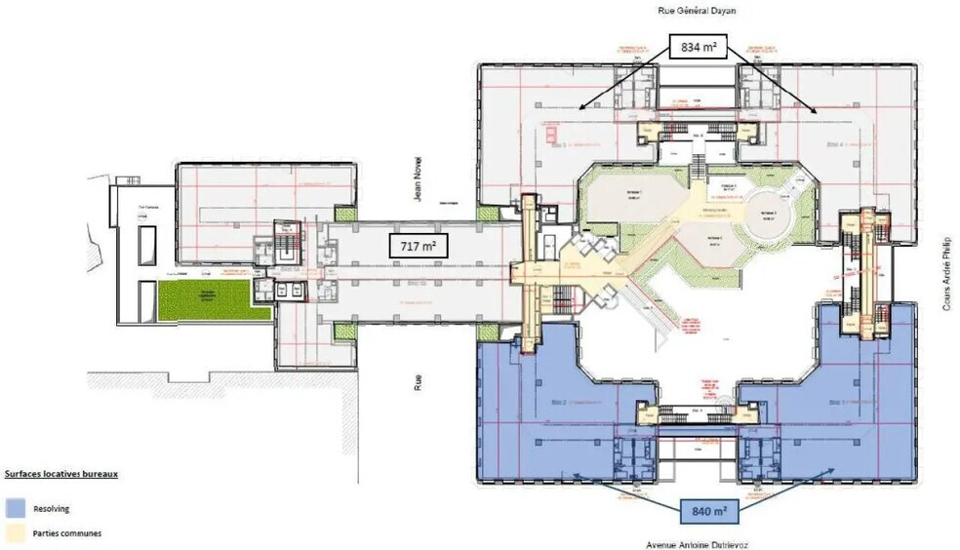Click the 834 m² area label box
pos(698,45)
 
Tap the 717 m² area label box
pos(419,247)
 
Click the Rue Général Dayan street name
pos(697,12)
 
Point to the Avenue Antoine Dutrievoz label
pos(698,544)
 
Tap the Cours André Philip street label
pos(945,272)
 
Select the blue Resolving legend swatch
pos(15,508)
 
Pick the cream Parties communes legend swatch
pos(15,533)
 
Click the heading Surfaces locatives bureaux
pos(61,475)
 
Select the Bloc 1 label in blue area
pos(835,402)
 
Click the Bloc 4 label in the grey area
pos(834,143)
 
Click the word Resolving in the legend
pos(51,508)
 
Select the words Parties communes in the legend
pos(66,533)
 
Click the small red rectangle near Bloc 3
pos(552,131)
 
